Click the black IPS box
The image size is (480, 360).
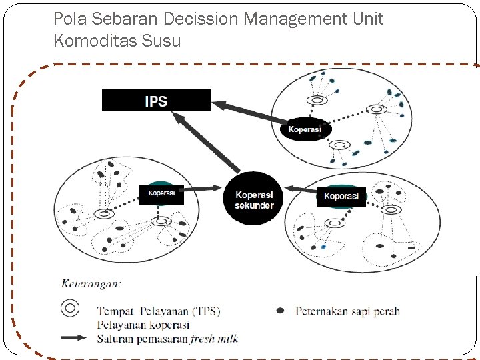[x=156, y=101]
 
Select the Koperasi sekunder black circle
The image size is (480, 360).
[x=254, y=197]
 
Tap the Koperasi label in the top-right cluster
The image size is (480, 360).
[x=305, y=129]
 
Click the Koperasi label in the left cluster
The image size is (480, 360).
[x=161, y=194]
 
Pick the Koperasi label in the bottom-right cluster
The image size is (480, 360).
[x=341, y=196]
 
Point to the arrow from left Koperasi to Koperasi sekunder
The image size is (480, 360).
[x=203, y=191]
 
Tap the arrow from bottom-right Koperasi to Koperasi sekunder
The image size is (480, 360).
[x=300, y=191]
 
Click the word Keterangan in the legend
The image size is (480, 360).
[x=91, y=283]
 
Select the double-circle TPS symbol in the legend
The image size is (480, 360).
[x=70, y=308]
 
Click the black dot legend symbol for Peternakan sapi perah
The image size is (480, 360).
[x=280, y=311]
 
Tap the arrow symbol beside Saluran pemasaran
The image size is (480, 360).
[x=73, y=338]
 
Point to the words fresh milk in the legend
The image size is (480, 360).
[x=214, y=339]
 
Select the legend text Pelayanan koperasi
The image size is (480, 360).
[x=143, y=325]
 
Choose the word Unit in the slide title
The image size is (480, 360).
[x=369, y=19]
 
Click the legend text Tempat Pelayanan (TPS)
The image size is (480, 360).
[x=159, y=311]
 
